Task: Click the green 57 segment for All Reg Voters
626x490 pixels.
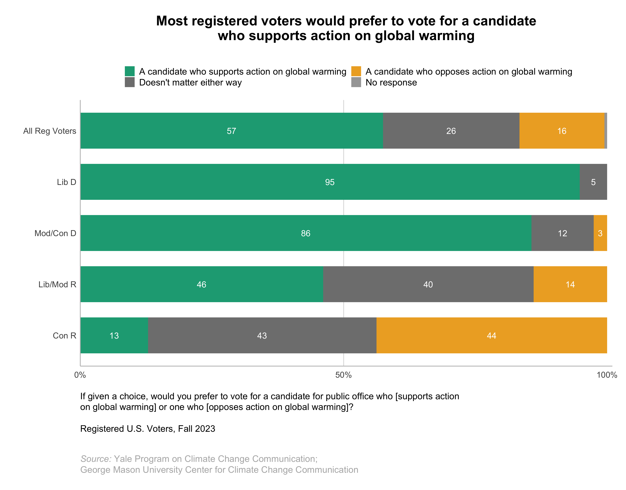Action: click(231, 131)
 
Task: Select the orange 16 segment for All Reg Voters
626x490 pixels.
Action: click(561, 131)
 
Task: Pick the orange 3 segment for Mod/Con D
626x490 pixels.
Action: click(600, 233)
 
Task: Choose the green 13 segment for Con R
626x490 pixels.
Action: click(114, 335)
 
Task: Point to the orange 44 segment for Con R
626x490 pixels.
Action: click(491, 335)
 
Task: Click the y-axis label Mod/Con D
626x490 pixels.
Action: click(55, 233)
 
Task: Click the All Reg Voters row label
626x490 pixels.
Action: click(50, 131)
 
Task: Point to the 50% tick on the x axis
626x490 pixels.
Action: click(343, 375)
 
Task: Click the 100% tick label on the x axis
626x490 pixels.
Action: click(607, 375)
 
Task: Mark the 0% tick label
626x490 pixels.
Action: click(80, 375)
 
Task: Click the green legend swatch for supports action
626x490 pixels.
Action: click(130, 71)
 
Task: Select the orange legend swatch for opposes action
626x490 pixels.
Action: click(356, 71)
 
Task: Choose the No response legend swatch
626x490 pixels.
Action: click(356, 82)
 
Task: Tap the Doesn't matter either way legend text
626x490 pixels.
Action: click(190, 83)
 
